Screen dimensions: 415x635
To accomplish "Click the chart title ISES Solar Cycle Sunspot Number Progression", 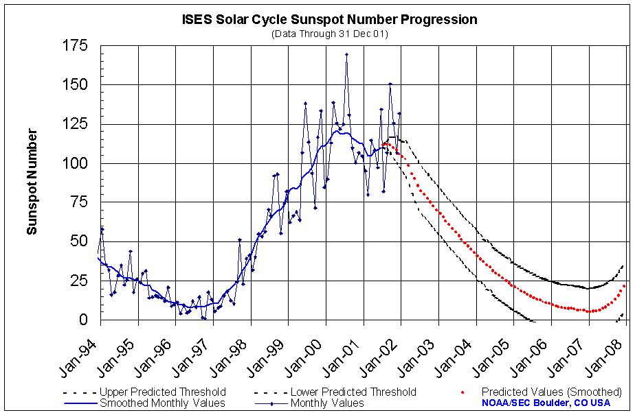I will [x=329, y=19].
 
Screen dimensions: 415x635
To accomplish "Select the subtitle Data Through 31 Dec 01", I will [x=330, y=34].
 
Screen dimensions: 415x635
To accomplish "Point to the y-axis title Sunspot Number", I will [x=32, y=181].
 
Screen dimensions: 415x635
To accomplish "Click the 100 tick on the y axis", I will [x=76, y=163].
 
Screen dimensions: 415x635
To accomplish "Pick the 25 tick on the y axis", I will [x=80, y=281].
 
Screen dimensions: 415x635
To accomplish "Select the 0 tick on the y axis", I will [x=84, y=320].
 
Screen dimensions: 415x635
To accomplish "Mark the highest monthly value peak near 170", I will [x=346, y=54].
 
